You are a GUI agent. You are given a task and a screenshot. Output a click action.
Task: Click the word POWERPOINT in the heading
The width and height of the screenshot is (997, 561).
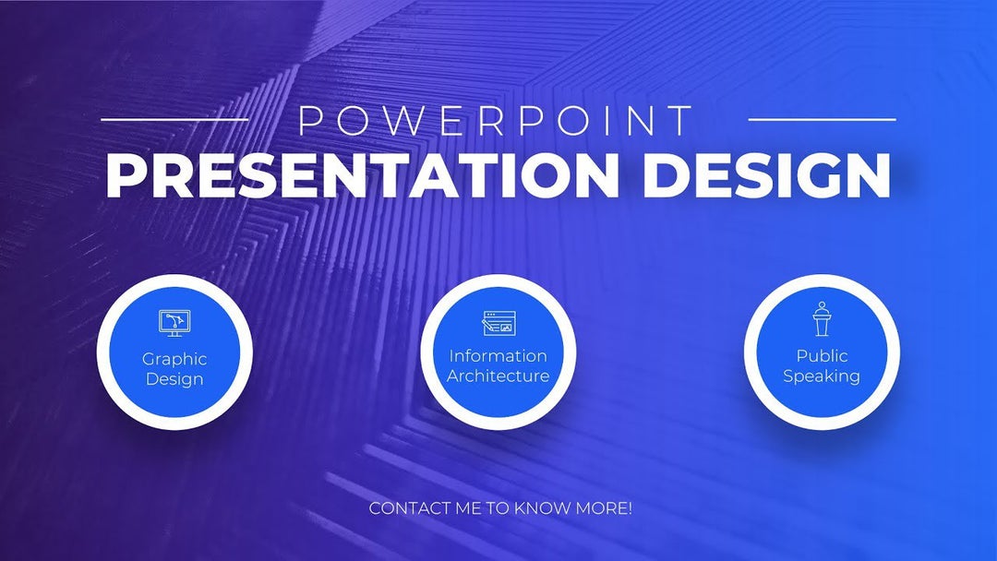click(x=498, y=121)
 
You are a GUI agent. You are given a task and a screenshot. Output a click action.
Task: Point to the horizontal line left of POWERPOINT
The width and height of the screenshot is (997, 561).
click(x=174, y=119)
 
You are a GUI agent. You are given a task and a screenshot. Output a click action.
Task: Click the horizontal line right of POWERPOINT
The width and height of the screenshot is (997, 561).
click(x=821, y=119)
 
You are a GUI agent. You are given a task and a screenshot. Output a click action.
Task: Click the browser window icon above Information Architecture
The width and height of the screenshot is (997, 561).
click(x=498, y=323)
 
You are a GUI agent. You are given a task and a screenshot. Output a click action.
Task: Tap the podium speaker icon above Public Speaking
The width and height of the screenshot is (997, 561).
click(x=822, y=319)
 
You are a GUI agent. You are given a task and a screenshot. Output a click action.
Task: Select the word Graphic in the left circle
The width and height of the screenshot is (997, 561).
click(x=174, y=359)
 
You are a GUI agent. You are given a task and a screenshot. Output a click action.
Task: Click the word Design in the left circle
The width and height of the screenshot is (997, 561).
click(x=174, y=379)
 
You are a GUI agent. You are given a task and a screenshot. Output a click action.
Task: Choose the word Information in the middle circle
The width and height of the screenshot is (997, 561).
click(x=498, y=355)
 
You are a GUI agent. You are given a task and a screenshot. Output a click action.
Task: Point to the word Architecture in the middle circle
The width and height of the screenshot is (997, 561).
click(x=498, y=376)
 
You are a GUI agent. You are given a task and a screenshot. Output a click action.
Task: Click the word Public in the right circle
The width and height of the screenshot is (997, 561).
click(x=822, y=355)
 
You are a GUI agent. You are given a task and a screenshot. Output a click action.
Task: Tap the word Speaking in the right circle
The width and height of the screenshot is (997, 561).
click(x=822, y=376)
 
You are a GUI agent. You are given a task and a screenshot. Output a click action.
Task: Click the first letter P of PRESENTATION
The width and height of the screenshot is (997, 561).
click(x=124, y=174)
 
